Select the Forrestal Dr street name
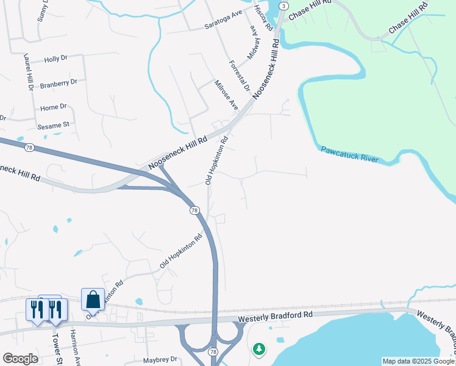[x=240, y=75]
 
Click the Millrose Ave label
[x=226, y=95]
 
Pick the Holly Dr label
[x=55, y=59]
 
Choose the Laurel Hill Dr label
[x=29, y=72]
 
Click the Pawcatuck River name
[x=350, y=154]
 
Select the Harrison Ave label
[x=76, y=348]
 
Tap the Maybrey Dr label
[x=159, y=359]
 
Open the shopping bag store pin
[x=93, y=300]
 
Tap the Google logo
[x=20, y=359]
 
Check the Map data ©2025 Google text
[x=418, y=361]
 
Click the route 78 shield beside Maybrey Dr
[x=213, y=353]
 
